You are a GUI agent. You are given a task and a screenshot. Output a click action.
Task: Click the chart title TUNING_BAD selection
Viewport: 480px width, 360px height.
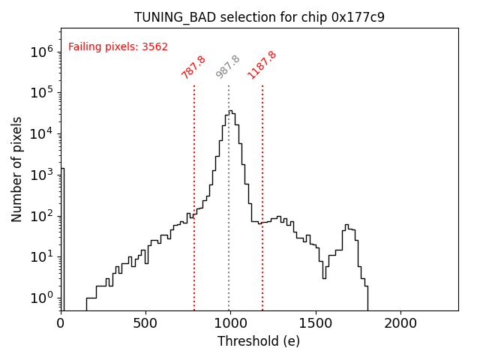259,17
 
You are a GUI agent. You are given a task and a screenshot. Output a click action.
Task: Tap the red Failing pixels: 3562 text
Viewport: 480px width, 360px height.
118,46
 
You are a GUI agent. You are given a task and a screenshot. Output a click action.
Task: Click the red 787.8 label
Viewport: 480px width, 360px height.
193,67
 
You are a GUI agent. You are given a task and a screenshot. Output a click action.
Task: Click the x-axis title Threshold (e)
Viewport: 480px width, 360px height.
259,341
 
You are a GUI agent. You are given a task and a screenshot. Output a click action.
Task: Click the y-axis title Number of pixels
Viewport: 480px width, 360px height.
17,169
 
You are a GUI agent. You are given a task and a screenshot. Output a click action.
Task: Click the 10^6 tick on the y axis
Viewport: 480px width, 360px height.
40,52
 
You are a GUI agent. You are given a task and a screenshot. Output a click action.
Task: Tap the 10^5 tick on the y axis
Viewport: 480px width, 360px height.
40,93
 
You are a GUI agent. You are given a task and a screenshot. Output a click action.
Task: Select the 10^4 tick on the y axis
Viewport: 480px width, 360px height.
40,133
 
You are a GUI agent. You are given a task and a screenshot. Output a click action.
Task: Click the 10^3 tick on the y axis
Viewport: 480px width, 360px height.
40,175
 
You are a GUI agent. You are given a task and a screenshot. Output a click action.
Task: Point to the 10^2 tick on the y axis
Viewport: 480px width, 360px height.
40,216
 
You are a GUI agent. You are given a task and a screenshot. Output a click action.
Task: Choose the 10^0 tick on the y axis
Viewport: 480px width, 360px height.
40,298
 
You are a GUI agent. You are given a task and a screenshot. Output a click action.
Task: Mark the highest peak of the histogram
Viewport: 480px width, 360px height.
231,111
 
